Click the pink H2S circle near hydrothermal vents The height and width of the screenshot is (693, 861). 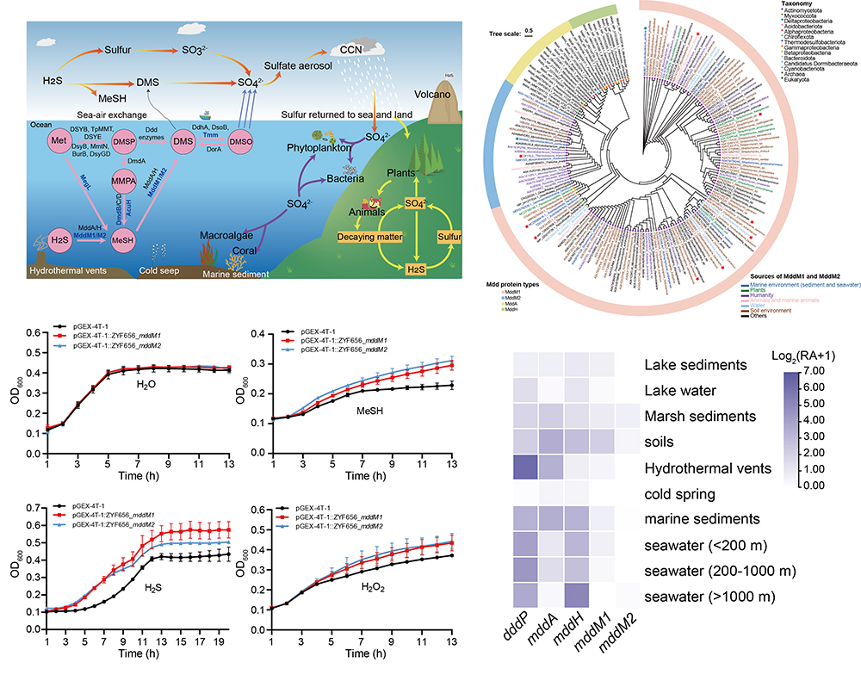(59, 237)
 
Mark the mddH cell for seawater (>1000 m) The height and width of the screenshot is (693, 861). (576, 597)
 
